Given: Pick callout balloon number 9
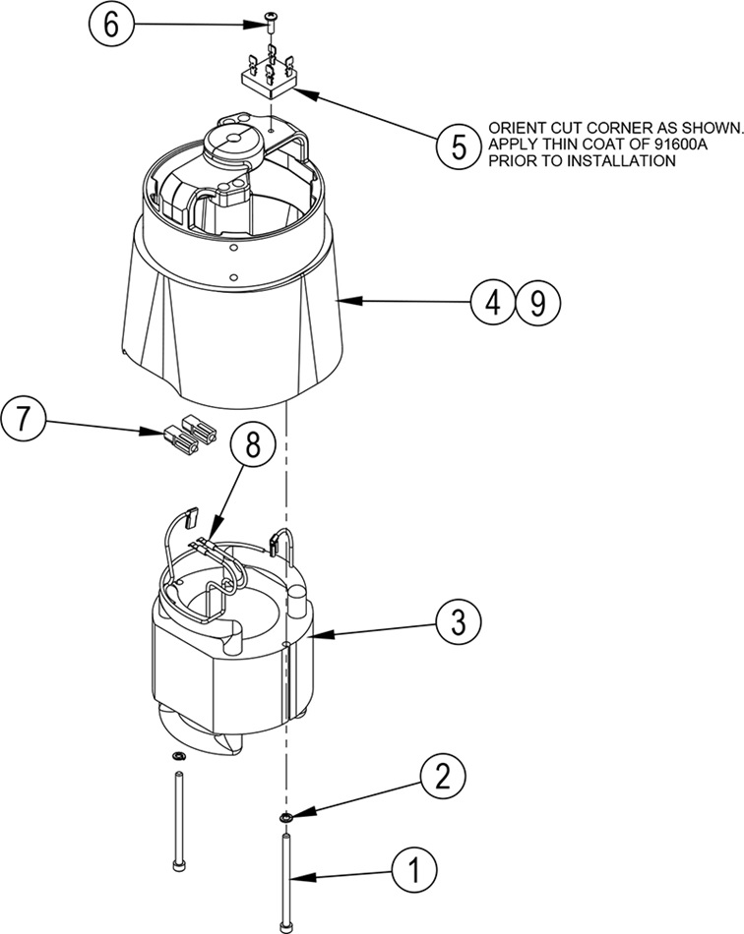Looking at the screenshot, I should click(537, 302).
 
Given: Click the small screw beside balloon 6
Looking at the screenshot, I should click(270, 24).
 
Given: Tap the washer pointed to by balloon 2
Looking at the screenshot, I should click(285, 816).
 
